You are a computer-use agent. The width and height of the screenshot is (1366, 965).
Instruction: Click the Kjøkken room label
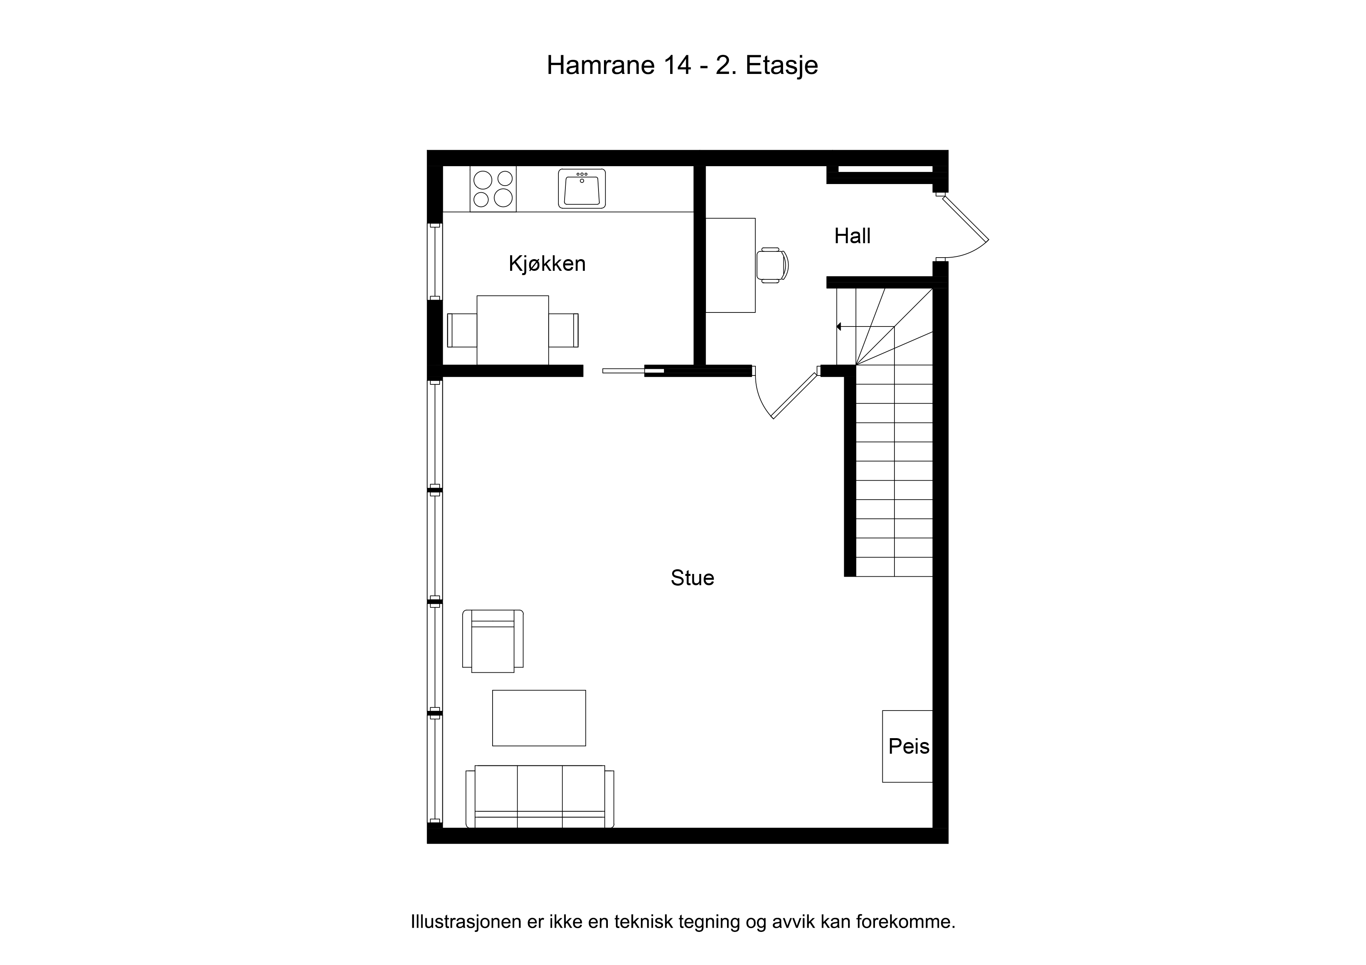tap(547, 263)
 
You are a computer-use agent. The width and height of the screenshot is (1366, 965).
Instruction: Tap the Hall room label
tap(852, 236)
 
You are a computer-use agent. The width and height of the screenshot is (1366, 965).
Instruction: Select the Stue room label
tap(692, 578)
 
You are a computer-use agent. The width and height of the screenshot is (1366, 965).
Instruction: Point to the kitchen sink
tap(581, 188)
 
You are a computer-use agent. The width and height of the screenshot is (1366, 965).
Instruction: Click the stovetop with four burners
tap(493, 188)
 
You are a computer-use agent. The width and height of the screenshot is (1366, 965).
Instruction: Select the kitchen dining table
tap(512, 330)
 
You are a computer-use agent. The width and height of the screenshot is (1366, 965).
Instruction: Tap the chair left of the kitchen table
tap(462, 330)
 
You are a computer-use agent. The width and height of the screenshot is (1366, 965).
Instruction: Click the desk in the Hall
tap(730, 265)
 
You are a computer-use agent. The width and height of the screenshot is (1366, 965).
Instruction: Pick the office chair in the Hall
tap(772, 265)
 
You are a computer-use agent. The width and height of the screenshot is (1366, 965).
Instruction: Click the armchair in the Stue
tap(493, 641)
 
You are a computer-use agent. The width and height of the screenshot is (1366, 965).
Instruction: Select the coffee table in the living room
tap(539, 718)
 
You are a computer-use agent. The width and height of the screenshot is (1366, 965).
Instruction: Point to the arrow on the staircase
tap(865, 326)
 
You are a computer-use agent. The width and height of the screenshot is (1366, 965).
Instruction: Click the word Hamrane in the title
tap(601, 65)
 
